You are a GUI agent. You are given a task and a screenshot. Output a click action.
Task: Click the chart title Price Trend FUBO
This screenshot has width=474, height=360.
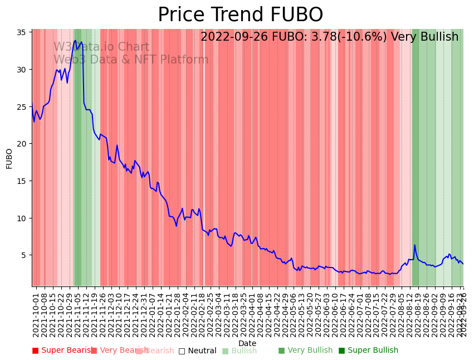tap(240, 15)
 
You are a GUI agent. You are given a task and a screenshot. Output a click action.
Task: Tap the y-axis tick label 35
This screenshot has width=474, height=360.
tap(22, 32)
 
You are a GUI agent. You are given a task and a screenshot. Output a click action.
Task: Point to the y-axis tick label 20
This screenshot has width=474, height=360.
tap(22, 144)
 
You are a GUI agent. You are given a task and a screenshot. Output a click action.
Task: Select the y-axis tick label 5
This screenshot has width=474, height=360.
tap(25, 255)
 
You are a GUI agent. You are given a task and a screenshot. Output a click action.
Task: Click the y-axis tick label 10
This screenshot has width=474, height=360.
tap(22, 218)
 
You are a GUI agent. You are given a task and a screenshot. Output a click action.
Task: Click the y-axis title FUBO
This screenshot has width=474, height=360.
tap(9, 158)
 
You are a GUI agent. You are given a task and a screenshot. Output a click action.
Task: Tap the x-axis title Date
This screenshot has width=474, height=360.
tap(247, 343)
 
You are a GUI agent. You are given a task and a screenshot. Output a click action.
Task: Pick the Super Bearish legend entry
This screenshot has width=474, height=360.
tap(62, 351)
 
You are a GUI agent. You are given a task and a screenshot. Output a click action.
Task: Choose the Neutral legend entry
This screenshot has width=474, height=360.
tap(197, 351)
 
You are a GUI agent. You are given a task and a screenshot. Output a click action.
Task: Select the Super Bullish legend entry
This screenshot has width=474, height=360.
tap(368, 351)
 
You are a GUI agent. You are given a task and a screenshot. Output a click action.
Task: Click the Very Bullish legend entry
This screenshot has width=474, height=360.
tap(305, 351)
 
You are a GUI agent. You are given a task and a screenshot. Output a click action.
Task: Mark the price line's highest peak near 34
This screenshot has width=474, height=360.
tap(75, 40)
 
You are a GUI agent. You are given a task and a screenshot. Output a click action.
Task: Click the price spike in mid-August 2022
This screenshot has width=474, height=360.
tap(414, 245)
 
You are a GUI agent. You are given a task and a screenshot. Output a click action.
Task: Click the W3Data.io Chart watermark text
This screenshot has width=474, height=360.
tap(101, 47)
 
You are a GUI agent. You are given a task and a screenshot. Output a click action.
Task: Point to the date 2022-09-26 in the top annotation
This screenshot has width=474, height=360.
tap(234, 37)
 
